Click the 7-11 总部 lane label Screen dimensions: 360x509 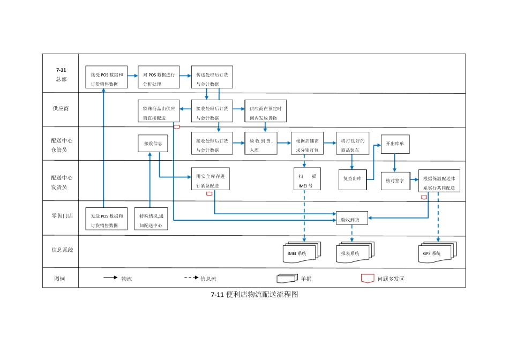61,74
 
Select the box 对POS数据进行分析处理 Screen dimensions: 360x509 159,77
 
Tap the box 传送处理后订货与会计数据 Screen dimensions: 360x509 212,77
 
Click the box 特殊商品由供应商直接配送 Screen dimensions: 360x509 159,110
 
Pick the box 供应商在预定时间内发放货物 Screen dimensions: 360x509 266,110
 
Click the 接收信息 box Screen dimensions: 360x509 153,144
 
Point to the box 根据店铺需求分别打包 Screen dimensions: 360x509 307,144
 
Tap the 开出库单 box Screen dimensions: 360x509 395,144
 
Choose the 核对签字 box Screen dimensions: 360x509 394,180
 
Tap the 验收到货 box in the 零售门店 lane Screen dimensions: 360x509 351,219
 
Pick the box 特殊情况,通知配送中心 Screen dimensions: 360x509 151,219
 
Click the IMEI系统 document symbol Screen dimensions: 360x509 301,252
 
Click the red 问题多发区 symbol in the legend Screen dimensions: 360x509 368,278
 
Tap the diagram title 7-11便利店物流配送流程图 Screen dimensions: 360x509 254,295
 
